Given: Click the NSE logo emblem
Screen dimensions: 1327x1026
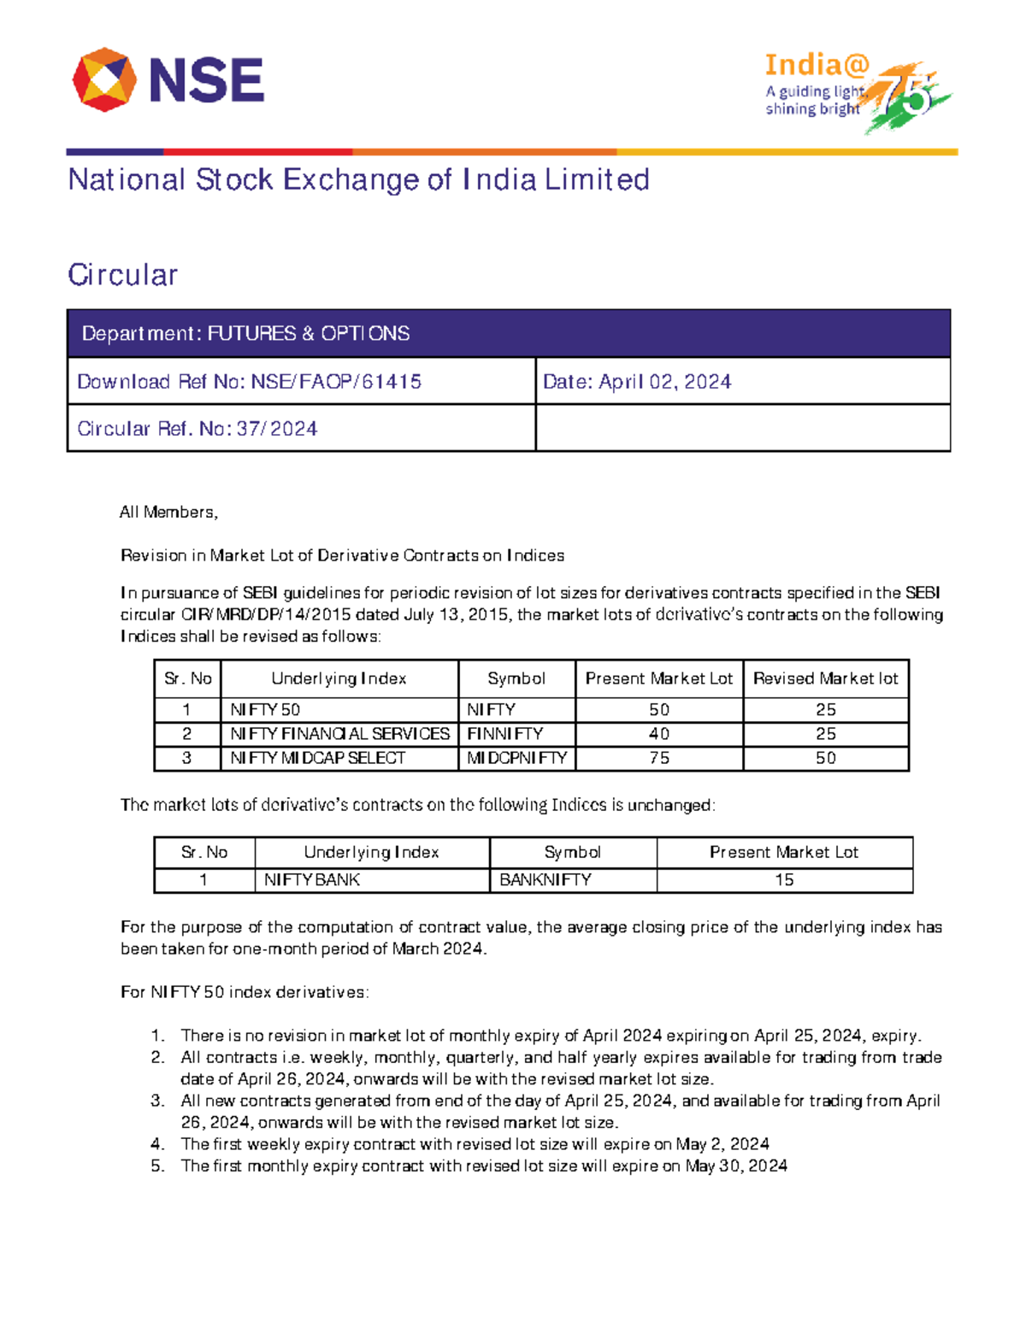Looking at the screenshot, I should (104, 80).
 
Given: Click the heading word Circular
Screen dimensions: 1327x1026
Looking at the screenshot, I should (123, 275).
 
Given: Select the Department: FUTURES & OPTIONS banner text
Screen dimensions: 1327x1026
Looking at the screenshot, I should (245, 333).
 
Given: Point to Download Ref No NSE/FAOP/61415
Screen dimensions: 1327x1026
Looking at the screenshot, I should (249, 381).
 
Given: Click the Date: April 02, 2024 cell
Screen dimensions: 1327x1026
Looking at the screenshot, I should (637, 381).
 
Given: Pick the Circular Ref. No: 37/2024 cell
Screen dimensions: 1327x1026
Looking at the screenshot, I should (198, 428).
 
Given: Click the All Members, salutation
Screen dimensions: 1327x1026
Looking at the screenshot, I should (168, 512).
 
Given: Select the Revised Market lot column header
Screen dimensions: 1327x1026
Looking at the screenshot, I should (825, 678).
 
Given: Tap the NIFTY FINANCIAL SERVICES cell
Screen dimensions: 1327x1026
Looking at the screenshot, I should (339, 734).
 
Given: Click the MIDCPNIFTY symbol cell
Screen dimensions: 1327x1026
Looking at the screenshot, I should (516, 758).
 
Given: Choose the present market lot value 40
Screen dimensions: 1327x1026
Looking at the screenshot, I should (658, 734).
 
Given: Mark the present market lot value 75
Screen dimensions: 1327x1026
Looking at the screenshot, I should (658, 758).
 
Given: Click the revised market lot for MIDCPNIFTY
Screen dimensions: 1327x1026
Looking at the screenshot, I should (825, 758).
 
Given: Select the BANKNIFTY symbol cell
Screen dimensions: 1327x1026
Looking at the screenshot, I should (545, 880).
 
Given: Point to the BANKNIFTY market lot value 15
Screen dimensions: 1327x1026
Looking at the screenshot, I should (784, 880).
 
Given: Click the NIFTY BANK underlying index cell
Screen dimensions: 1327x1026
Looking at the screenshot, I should (312, 880).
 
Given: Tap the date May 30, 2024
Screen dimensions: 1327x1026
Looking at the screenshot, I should (736, 1166).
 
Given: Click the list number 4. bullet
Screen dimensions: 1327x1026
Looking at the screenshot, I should (157, 1144).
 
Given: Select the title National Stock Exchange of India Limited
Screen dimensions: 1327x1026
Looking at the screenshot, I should (358, 179).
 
